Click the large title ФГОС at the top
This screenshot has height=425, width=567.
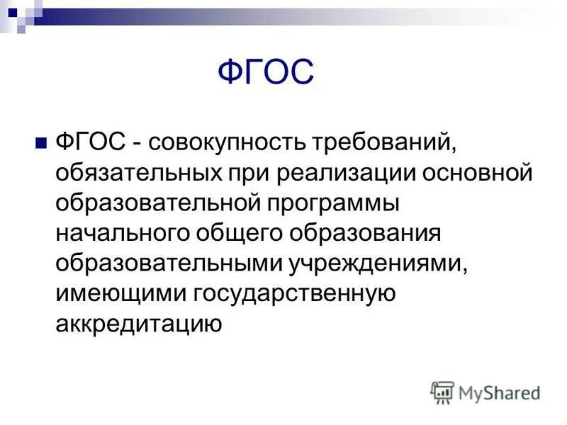[264, 72]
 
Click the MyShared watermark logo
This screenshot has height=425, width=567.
[485, 392]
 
